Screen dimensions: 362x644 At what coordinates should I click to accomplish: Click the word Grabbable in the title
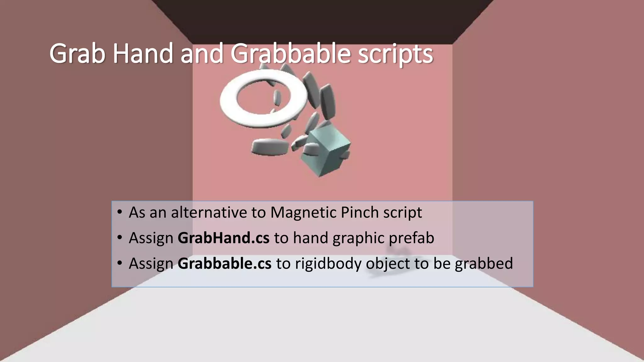click(x=290, y=54)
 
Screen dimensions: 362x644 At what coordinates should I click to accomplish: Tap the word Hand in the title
click(x=143, y=54)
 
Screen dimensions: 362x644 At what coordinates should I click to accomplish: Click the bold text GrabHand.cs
click(x=223, y=238)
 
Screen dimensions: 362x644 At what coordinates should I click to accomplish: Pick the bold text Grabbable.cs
click(x=224, y=263)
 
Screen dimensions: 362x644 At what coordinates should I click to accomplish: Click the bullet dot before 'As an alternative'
click(x=119, y=212)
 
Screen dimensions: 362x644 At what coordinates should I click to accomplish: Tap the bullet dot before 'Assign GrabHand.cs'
click(x=119, y=238)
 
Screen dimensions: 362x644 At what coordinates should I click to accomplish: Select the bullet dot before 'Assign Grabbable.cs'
click(x=119, y=263)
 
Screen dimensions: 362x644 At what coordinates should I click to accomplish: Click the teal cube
click(x=325, y=154)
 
